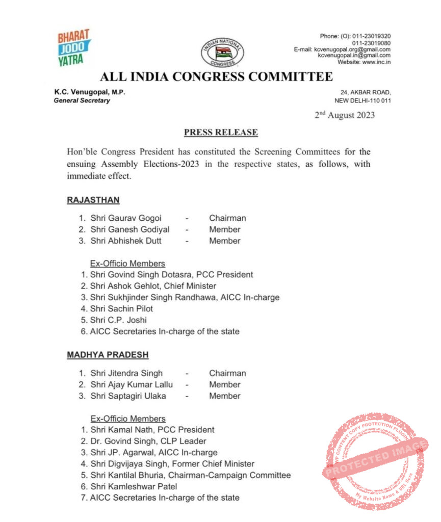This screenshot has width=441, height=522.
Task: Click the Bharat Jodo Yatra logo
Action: (74, 48)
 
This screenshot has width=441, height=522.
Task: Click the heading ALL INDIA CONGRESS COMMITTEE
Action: (216, 77)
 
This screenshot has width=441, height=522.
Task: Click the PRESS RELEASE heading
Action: (221, 133)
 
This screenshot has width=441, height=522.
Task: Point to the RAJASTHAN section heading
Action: (93, 200)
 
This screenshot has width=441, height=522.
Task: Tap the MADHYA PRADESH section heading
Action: (108, 355)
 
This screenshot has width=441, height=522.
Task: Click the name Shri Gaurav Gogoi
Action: (126, 218)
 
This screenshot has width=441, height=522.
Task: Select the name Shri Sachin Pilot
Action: (121, 308)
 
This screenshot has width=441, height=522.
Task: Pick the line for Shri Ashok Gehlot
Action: (153, 286)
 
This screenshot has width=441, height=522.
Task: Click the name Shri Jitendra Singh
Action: (126, 373)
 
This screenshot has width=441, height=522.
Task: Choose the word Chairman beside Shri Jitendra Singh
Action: (227, 373)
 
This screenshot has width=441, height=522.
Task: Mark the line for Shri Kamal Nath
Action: (152, 430)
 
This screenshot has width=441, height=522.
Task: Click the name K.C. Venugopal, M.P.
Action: (90, 92)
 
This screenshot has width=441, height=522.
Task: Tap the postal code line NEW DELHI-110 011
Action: (362, 100)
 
